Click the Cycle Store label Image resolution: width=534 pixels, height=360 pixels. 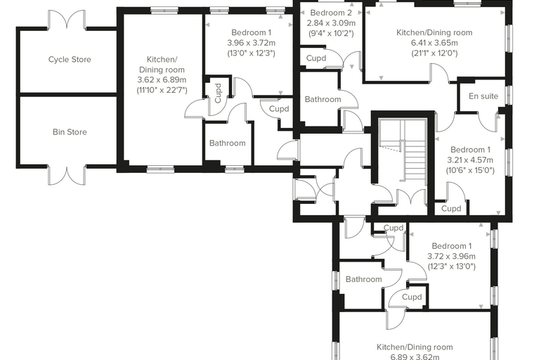(x=70, y=60)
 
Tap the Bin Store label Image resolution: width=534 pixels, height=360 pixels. (x=70, y=132)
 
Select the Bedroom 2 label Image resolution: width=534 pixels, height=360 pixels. (x=331, y=13)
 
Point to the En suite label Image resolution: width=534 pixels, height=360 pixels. (x=483, y=96)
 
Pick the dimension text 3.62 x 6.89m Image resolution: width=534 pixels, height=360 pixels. (x=162, y=79)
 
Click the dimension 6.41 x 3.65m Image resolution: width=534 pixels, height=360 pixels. (x=434, y=43)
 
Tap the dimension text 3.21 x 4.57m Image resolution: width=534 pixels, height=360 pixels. (x=470, y=160)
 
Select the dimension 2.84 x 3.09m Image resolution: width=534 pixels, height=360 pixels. (x=331, y=23)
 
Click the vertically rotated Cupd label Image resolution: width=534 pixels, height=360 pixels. (x=218, y=93)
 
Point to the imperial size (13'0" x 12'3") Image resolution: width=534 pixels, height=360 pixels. (x=251, y=53)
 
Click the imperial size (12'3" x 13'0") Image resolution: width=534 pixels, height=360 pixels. (x=451, y=266)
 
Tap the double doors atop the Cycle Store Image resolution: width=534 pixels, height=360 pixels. (x=67, y=20)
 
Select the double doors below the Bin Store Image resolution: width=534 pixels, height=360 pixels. (x=67, y=175)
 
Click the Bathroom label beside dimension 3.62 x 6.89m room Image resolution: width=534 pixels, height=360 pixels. (x=227, y=143)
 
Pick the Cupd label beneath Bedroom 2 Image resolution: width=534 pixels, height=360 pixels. (x=316, y=58)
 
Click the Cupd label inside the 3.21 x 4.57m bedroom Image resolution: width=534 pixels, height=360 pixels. (x=451, y=209)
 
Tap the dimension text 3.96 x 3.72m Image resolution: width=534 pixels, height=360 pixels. (x=251, y=43)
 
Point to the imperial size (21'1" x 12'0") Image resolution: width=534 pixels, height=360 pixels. (x=434, y=53)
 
